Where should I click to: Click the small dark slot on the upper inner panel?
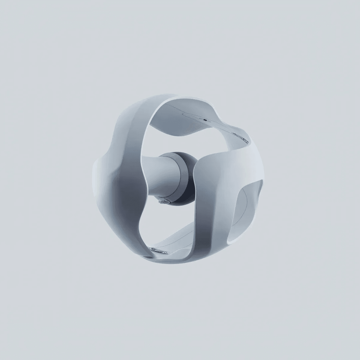pyautogui.click(x=205, y=119)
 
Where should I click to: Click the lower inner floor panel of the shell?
pyautogui.click(x=180, y=240)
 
